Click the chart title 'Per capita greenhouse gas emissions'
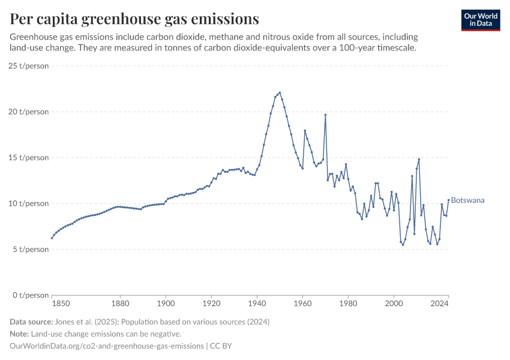coord(134,19)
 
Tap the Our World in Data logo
coord(480,20)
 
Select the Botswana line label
coord(467,200)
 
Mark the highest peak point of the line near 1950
coord(280,92)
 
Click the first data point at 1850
coord(52,238)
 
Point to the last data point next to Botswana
coord(448,200)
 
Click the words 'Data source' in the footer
coord(30,322)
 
